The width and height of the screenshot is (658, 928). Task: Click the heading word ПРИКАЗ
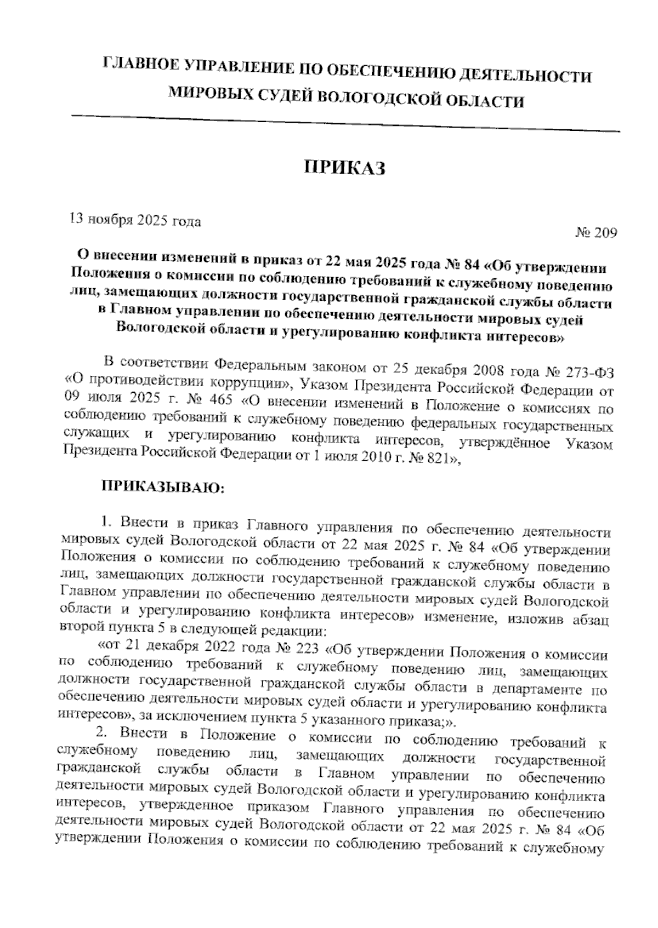click(x=345, y=168)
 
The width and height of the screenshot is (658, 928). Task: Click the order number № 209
click(x=596, y=233)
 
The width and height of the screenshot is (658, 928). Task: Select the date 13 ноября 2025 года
click(x=134, y=220)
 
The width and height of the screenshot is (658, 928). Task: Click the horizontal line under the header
click(x=345, y=123)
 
